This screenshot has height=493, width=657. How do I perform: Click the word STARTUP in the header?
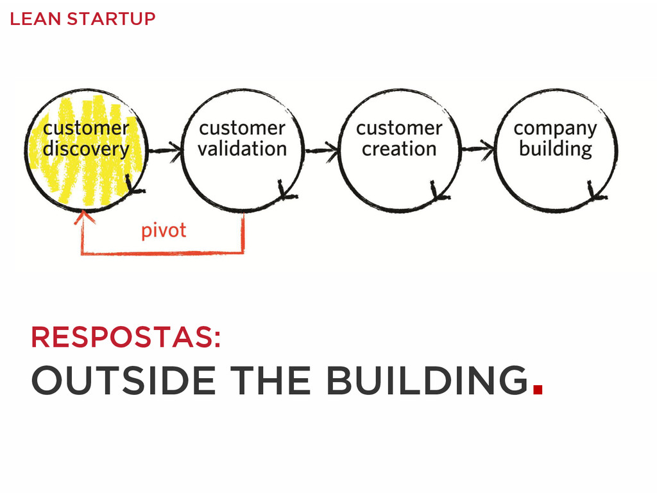click(x=110, y=19)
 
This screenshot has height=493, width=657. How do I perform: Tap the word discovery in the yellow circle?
click(x=85, y=150)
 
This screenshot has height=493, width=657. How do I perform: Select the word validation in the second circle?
click(x=242, y=150)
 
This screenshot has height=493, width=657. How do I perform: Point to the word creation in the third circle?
click(x=398, y=150)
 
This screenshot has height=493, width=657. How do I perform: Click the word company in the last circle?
click(x=555, y=129)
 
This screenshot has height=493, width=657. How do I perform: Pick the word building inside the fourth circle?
click(x=555, y=150)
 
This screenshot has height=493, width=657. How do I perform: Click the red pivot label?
click(x=164, y=230)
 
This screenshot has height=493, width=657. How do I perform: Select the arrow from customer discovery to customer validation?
click(x=165, y=151)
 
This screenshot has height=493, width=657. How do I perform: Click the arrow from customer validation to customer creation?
click(x=321, y=151)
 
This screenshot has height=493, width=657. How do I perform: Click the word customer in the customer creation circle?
click(x=398, y=128)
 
